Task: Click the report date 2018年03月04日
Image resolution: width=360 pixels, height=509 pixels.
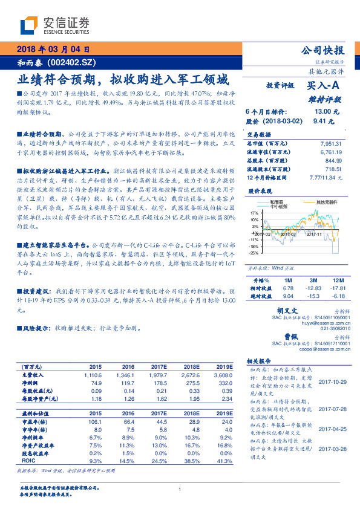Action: pyautogui.click(x=54, y=49)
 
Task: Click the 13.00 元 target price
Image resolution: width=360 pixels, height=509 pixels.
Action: pyautogui.click(x=322, y=112)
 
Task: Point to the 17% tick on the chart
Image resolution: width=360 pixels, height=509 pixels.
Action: pyautogui.click(x=254, y=214)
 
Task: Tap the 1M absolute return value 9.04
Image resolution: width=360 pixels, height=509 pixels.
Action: pyautogui.click(x=288, y=296)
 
